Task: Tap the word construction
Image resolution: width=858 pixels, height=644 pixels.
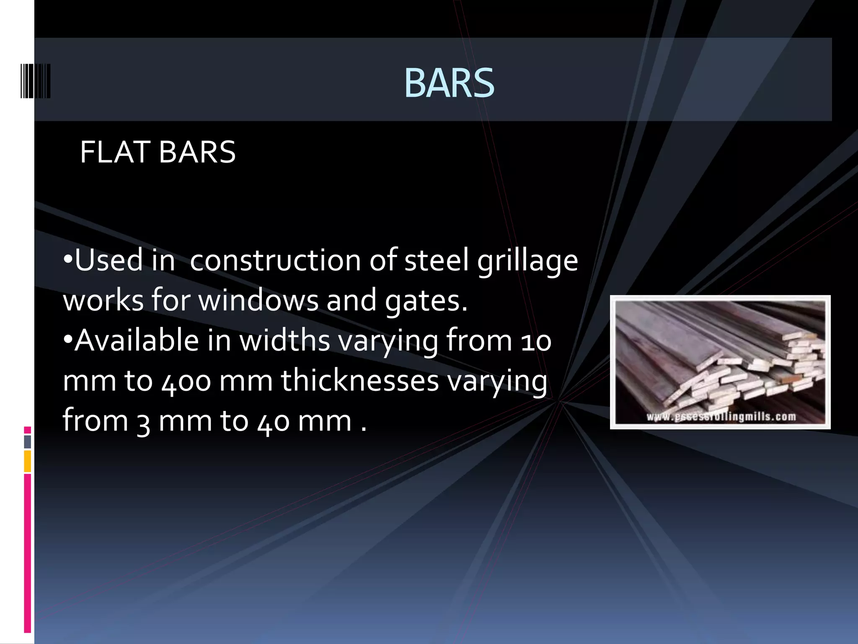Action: click(x=275, y=260)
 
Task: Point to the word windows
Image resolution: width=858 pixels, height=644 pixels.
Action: click(x=258, y=301)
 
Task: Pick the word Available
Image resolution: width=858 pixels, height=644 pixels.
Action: click(x=137, y=340)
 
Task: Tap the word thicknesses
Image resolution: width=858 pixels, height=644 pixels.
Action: click(x=359, y=380)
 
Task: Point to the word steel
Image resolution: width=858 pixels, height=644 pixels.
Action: click(x=436, y=260)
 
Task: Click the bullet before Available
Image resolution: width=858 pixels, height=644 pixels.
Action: click(x=67, y=339)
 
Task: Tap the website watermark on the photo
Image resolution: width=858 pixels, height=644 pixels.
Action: click(x=721, y=416)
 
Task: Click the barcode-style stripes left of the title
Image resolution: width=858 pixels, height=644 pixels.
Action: click(x=36, y=81)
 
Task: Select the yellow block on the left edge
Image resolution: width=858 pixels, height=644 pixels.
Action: click(x=27, y=461)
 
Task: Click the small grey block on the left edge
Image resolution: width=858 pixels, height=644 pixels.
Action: click(x=27, y=441)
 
